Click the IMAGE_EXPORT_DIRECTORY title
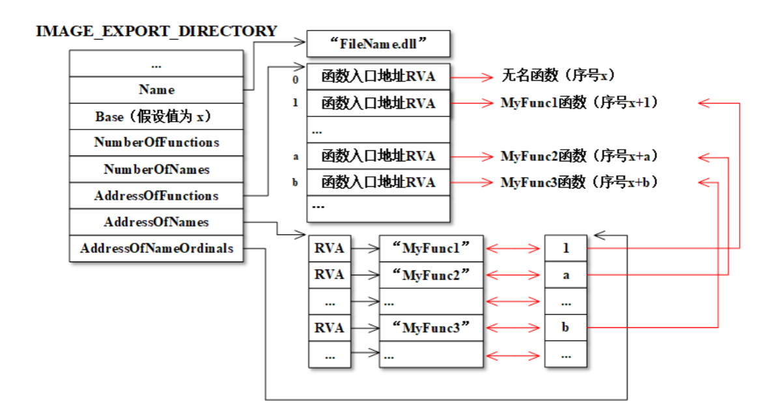tap(157, 31)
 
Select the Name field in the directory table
tap(156, 90)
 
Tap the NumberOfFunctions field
tap(156, 142)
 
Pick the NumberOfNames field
tap(156, 169)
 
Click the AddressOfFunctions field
tap(156, 196)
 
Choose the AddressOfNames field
tap(156, 223)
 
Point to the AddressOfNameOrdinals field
tap(156, 249)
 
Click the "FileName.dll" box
tap(378, 45)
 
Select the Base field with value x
tap(156, 116)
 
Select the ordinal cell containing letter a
tap(565, 275)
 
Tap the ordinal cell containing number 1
tap(565, 248)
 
